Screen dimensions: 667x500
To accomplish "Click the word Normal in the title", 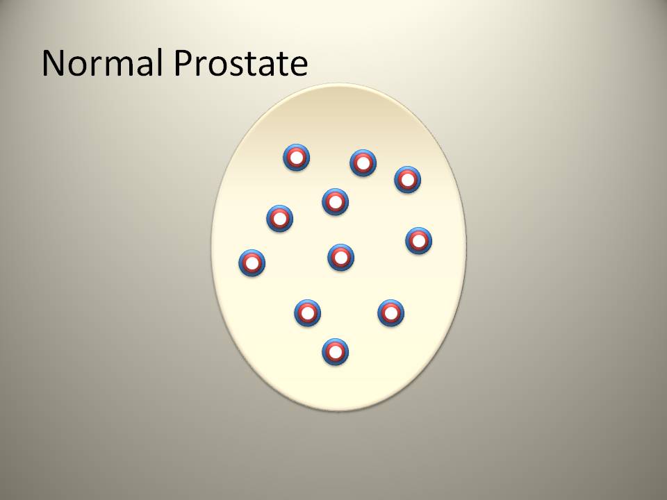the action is [102, 63].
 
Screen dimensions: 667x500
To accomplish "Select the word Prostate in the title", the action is [241, 63].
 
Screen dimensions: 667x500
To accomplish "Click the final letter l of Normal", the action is [160, 62].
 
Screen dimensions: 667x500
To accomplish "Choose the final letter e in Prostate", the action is [299, 67].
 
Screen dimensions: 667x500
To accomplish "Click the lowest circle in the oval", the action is [335, 351].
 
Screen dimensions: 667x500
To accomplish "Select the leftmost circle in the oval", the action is [252, 262].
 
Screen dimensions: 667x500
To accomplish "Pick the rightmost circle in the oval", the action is [418, 241].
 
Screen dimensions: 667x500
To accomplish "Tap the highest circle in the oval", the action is [297, 158].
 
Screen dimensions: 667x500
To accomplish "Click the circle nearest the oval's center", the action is [340, 257].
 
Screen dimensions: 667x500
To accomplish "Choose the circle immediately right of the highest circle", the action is [363, 162].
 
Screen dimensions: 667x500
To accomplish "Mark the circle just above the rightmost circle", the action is [408, 179].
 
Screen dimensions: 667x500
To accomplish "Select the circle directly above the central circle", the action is [335, 202].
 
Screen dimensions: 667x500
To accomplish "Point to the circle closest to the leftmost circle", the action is [279, 219].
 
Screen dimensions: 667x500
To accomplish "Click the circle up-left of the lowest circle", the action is [307, 313].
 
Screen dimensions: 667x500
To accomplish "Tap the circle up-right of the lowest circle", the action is [390, 313].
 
